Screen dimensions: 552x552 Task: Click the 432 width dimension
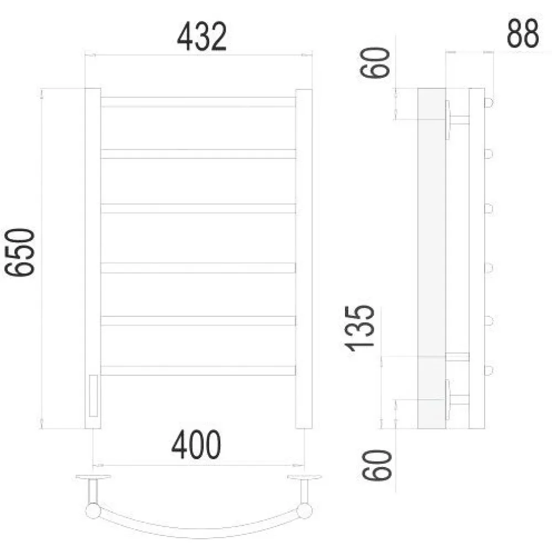201,36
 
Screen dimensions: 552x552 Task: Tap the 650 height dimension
20,252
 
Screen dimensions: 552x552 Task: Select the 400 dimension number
196,444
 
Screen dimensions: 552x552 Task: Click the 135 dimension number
359,328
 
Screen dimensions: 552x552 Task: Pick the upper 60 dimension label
375,62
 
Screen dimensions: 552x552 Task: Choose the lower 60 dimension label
376,465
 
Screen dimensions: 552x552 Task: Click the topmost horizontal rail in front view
198,102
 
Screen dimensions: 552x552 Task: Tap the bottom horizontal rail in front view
198,371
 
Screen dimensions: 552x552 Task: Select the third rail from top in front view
198,209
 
